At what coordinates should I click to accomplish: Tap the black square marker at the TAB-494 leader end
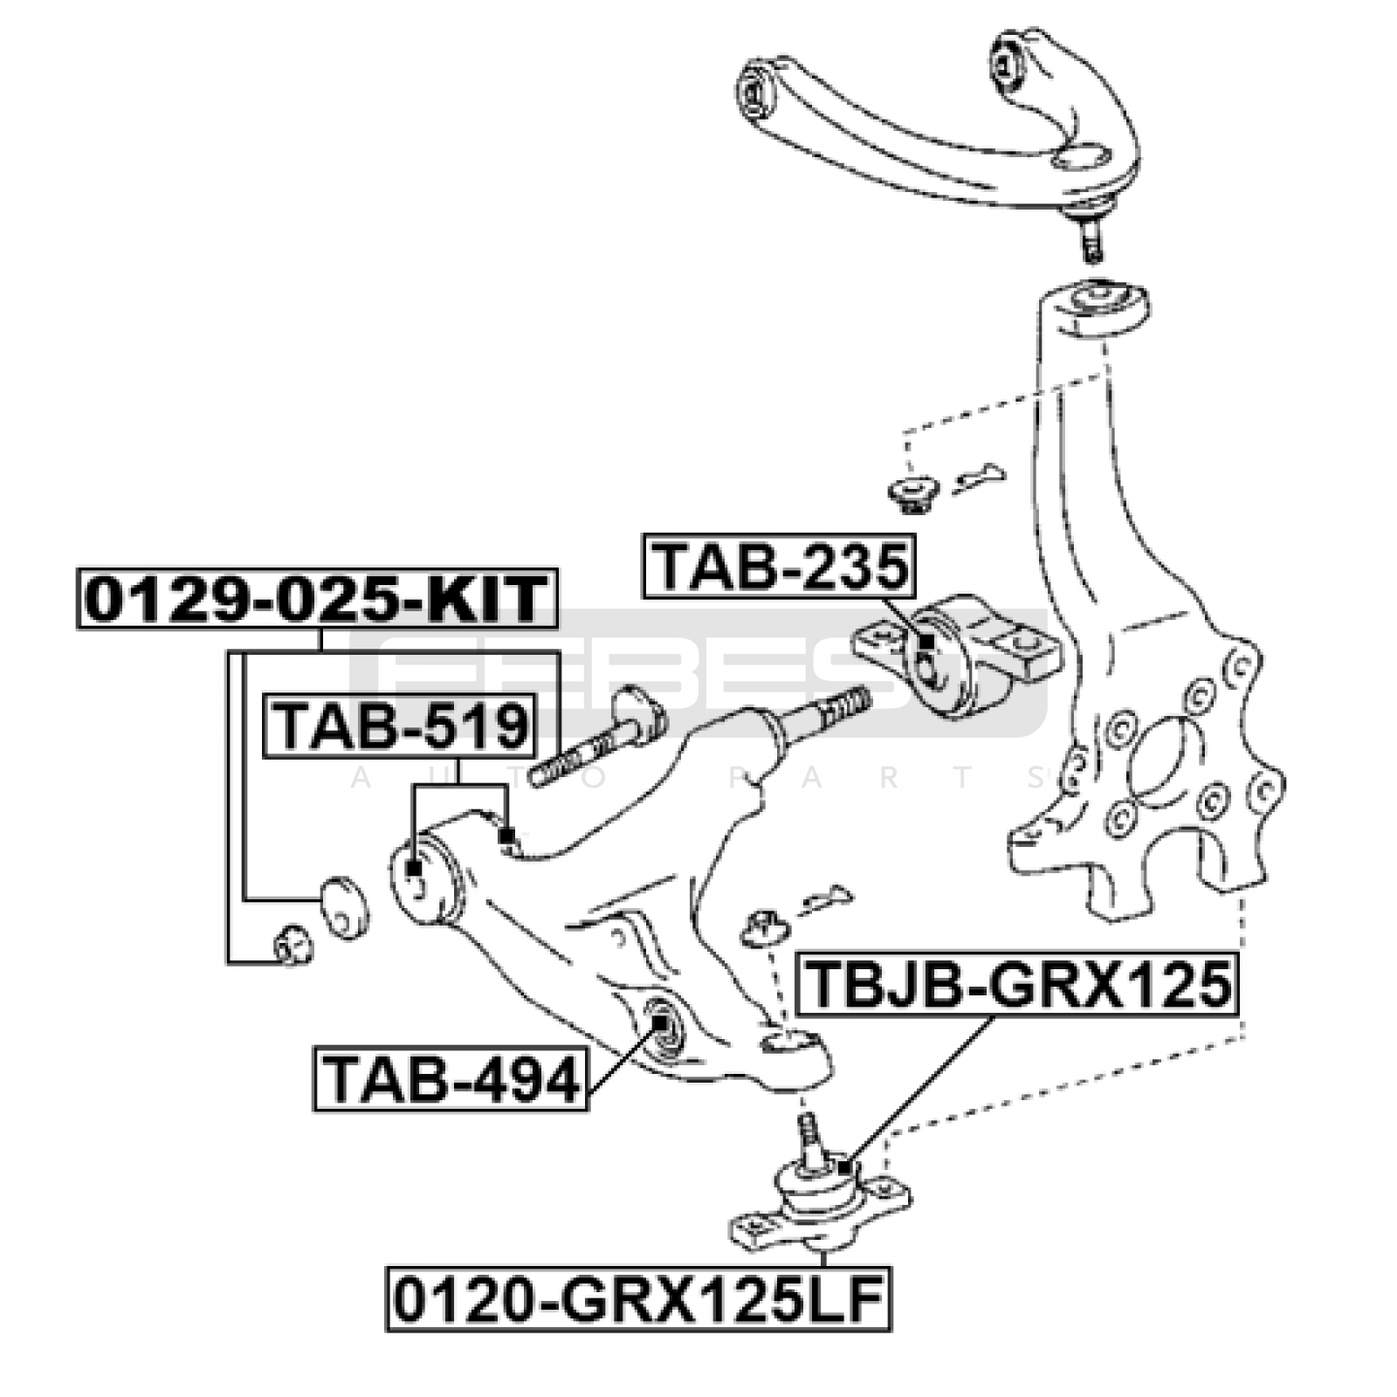(661, 1021)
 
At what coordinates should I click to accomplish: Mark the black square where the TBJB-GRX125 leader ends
(843, 1167)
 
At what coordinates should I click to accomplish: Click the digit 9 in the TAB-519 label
(508, 726)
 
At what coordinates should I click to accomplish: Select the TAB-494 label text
(451, 1080)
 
